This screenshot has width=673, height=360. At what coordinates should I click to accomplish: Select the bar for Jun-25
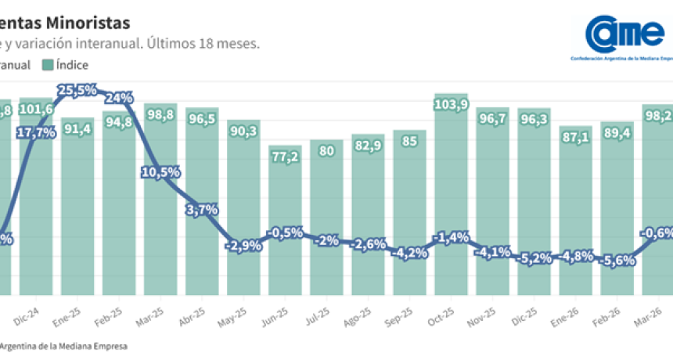285,219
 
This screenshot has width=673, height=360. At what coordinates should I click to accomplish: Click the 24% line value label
118,99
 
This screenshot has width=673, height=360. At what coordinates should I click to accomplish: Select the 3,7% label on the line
202,210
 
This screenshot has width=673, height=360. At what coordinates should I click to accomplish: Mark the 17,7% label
36,133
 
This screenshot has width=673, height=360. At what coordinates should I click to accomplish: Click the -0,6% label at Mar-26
656,233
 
